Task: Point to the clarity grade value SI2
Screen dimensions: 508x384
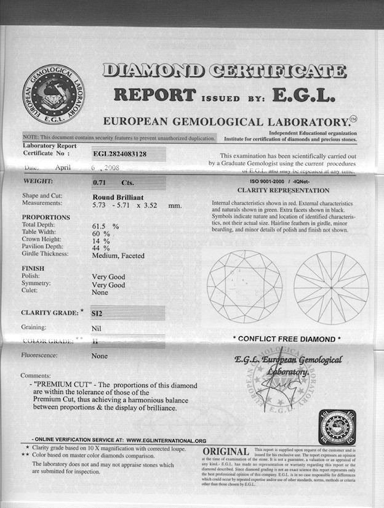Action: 97,313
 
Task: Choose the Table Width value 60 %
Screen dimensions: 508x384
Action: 101,234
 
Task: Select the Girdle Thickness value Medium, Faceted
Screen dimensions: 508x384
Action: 118,255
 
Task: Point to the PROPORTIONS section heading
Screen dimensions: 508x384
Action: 46,217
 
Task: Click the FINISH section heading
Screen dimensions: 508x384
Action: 34,268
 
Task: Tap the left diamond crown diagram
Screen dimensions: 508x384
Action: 244,286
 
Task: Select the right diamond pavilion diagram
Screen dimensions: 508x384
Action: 330,287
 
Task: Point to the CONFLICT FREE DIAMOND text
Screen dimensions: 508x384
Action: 287,339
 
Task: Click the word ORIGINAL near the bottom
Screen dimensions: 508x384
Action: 226,453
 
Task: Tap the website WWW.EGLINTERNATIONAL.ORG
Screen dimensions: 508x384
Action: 167,441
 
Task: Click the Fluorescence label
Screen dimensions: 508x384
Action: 39,356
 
